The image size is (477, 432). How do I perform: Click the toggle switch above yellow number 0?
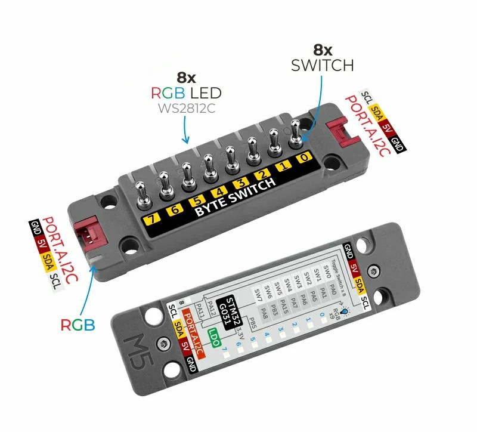pyautogui.click(x=296, y=135)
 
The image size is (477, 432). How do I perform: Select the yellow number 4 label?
pyautogui.click(x=219, y=192)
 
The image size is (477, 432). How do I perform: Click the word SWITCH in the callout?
pyautogui.click(x=323, y=65)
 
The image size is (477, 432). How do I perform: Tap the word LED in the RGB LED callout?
pyautogui.click(x=205, y=93)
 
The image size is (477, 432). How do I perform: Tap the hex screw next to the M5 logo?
pyautogui.click(x=163, y=344)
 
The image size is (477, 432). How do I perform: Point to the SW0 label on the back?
pyautogui.click(x=326, y=272)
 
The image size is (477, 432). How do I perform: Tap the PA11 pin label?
pyautogui.click(x=200, y=311)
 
